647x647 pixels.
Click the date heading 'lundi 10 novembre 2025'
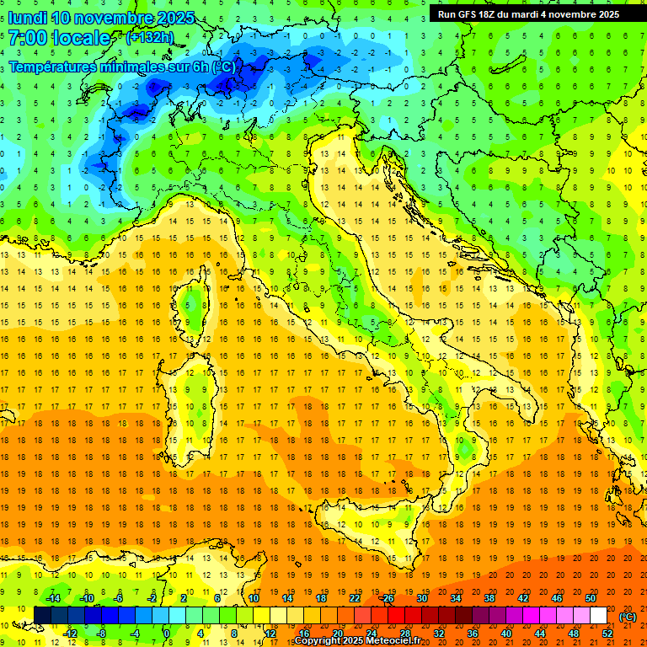(x=101, y=17)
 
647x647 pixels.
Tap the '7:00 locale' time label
(x=59, y=38)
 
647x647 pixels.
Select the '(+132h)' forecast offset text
(x=150, y=37)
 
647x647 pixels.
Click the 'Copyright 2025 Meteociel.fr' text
(x=357, y=641)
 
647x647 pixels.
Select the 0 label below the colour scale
(x=167, y=634)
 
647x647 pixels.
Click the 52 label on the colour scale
(x=607, y=634)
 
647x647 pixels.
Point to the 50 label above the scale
(x=591, y=598)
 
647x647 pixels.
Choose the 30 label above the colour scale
(x=421, y=598)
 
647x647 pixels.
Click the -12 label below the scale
(x=71, y=634)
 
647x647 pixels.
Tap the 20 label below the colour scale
(x=337, y=634)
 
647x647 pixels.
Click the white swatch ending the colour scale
(x=598, y=616)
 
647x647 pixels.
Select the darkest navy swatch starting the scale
(x=42, y=616)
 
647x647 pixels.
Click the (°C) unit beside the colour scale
(x=628, y=616)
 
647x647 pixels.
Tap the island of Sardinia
(x=190, y=396)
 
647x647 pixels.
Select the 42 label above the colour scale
(x=522, y=598)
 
